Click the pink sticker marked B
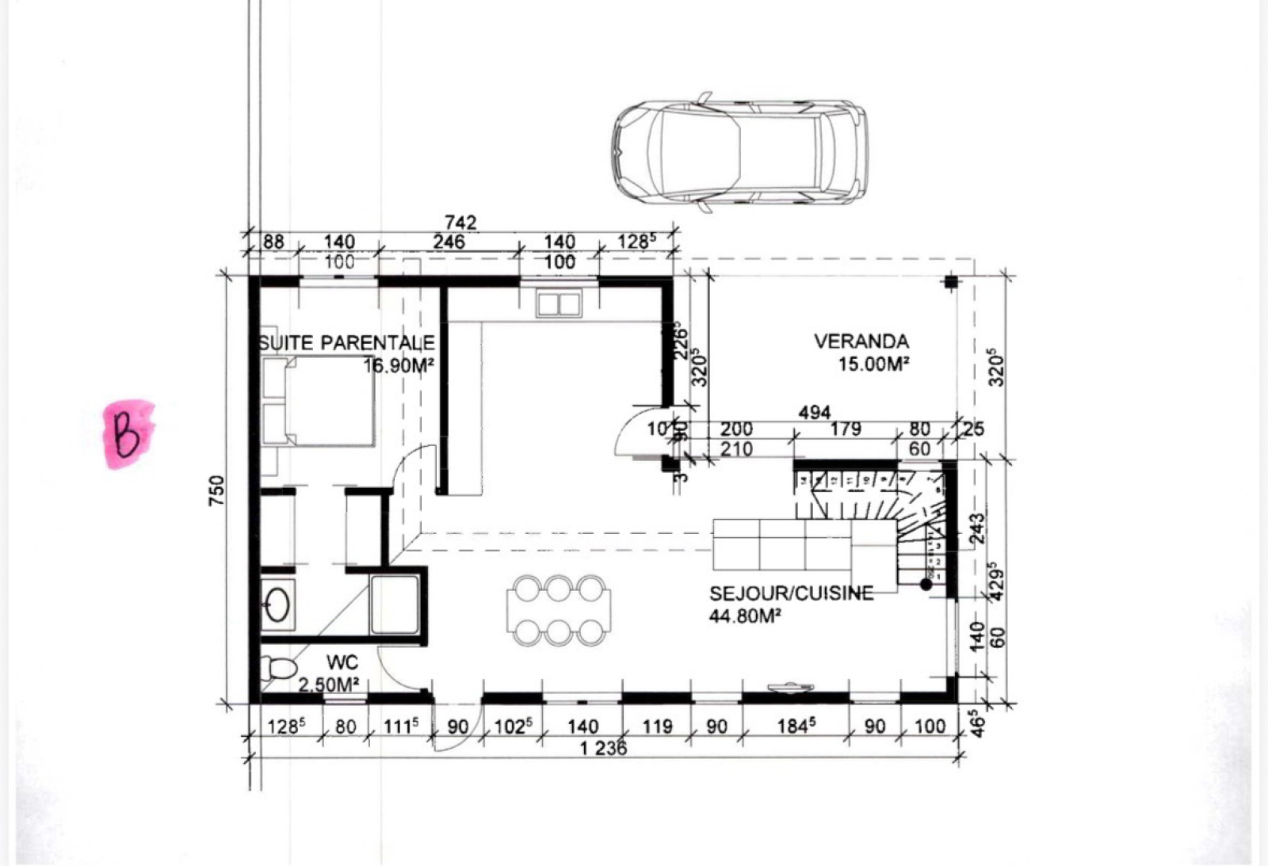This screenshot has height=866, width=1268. [x=128, y=433]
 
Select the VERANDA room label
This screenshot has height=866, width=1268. [x=861, y=341]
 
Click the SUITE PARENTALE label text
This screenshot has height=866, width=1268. [x=347, y=343]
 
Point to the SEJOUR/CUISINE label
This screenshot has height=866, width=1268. [x=791, y=593]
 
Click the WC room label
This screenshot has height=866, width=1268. [x=342, y=662]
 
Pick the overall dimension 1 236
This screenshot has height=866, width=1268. [x=603, y=748]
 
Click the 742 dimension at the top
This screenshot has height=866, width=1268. [x=460, y=223]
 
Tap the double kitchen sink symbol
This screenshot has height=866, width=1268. [x=559, y=303]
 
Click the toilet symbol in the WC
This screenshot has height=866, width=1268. [x=279, y=670]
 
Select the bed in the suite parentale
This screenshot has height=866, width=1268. [x=319, y=400]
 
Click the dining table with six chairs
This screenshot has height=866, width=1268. [x=559, y=609]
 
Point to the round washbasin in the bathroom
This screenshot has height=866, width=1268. [x=277, y=605]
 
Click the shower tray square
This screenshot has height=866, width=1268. [x=395, y=605]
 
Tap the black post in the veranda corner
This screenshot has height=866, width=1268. [x=950, y=282]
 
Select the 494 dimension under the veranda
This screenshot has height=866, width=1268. [x=814, y=412]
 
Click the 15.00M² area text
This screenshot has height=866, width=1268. [x=873, y=364]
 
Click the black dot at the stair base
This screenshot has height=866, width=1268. [x=926, y=584]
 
